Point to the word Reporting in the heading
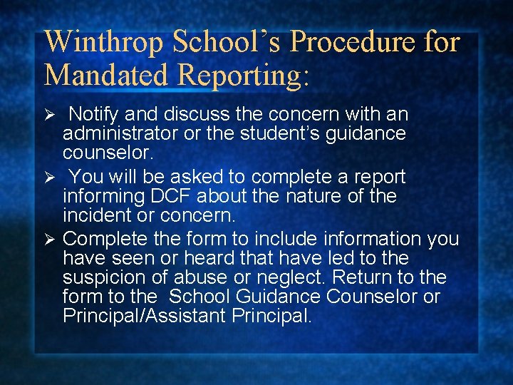coord(244,76)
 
